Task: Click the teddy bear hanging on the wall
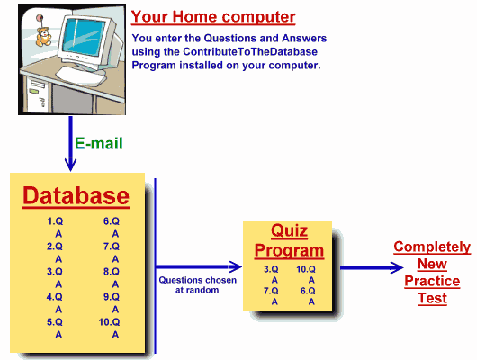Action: point(43,37)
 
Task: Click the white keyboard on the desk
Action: point(80,76)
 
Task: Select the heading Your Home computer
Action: point(213,16)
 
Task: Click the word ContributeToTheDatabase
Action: point(250,51)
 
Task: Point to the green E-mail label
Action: point(99,143)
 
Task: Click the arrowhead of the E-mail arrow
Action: point(70,165)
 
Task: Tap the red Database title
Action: point(76,195)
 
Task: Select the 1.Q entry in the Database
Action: point(55,221)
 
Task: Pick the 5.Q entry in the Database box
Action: point(55,322)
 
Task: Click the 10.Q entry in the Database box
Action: point(109,322)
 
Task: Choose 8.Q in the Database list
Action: point(112,272)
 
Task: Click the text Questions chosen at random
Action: point(197,284)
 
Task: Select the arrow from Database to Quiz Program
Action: point(199,267)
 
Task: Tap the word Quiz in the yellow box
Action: point(289,230)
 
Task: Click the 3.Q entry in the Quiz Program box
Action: point(271,269)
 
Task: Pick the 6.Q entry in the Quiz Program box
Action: point(308,291)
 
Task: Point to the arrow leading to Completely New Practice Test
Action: point(372,267)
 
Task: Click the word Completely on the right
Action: point(432,247)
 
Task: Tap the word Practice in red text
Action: point(432,281)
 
